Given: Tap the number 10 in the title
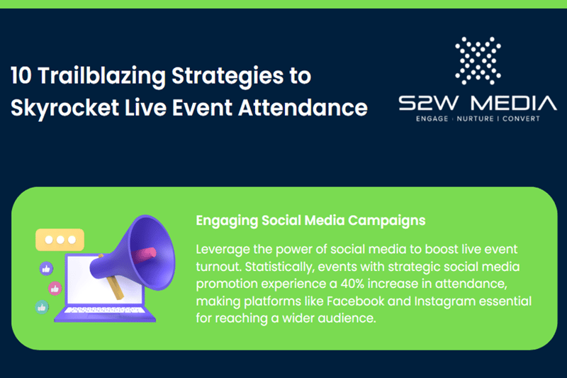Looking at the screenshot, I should [x=23, y=75].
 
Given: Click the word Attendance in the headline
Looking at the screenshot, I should [x=310, y=108].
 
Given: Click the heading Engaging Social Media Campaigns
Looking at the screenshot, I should [x=310, y=221].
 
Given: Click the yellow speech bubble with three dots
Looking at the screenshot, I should [x=60, y=240].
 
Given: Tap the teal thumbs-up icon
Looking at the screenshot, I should [x=42, y=307].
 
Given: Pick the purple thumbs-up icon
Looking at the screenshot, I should [x=47, y=269].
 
